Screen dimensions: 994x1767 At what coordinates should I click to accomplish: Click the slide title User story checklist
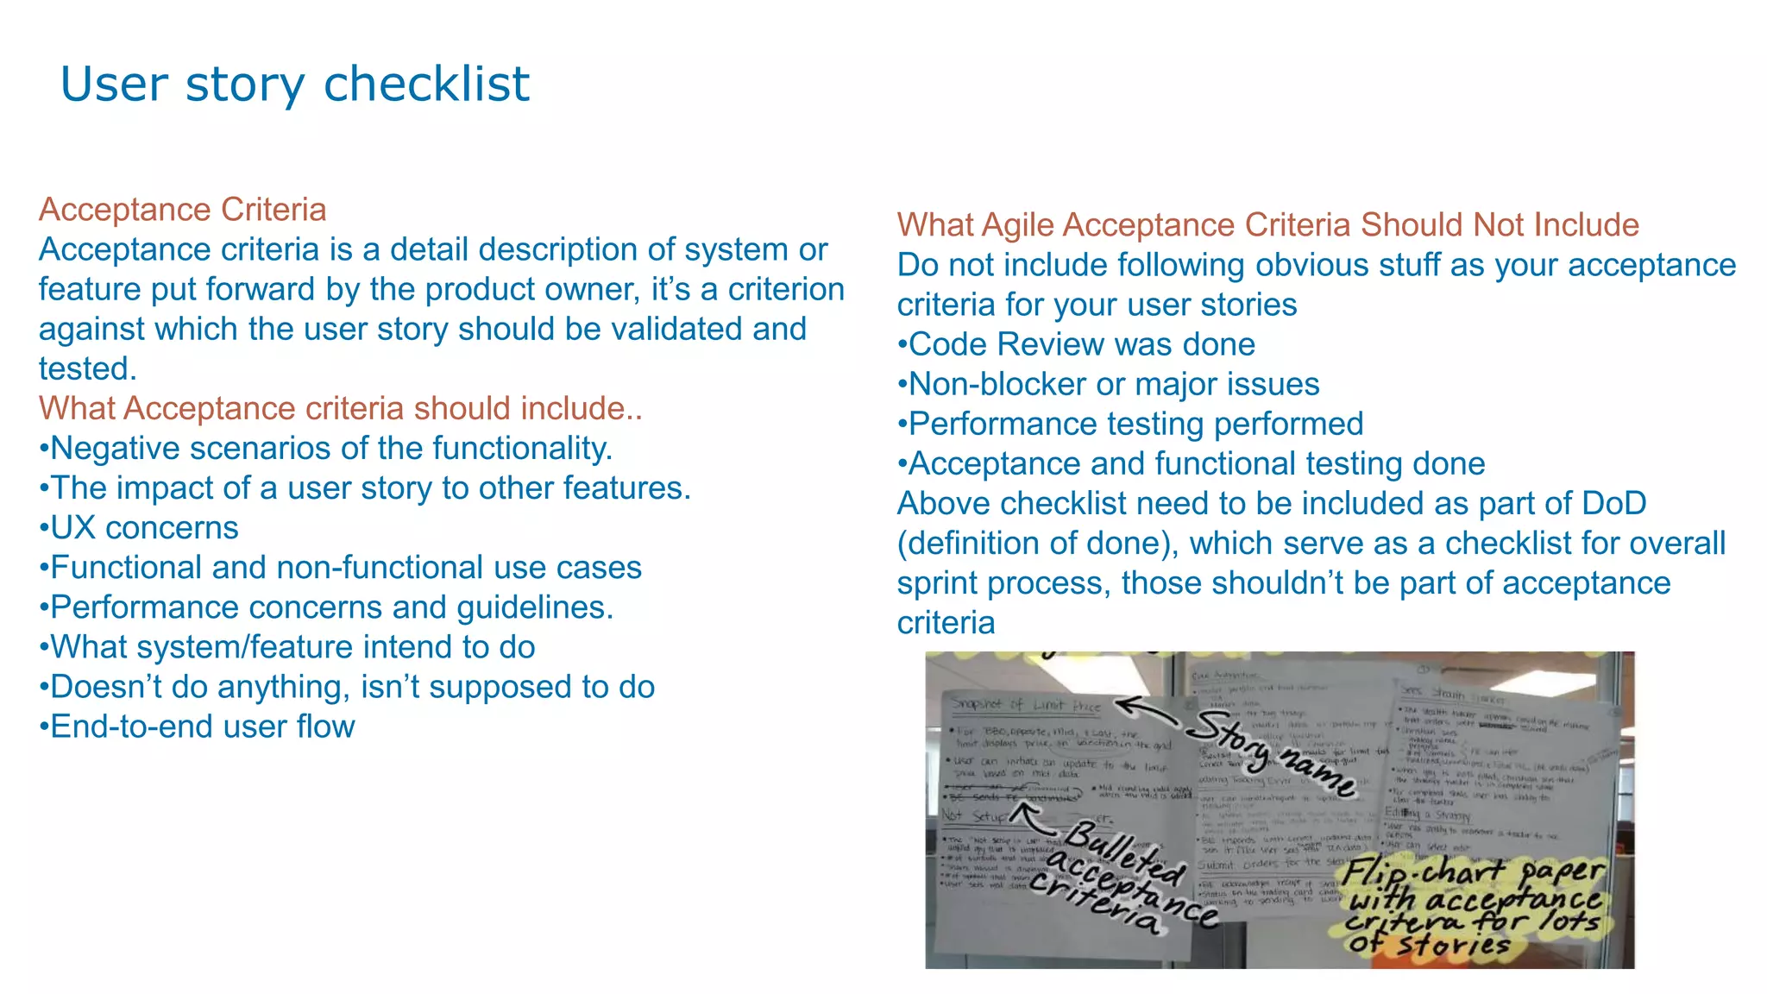pyautogui.click(x=294, y=85)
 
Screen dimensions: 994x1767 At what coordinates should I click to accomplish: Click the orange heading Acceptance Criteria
pyautogui.click(x=182, y=210)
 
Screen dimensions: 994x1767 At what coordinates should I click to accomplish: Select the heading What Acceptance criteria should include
pyautogui.click(x=340, y=408)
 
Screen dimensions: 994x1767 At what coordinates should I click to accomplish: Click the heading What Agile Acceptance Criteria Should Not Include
pyautogui.click(x=1267, y=224)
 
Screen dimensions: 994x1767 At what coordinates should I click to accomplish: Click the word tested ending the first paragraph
pyautogui.click(x=86, y=368)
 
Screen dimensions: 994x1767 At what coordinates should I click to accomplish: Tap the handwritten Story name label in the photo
pyautogui.click(x=1273, y=752)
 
